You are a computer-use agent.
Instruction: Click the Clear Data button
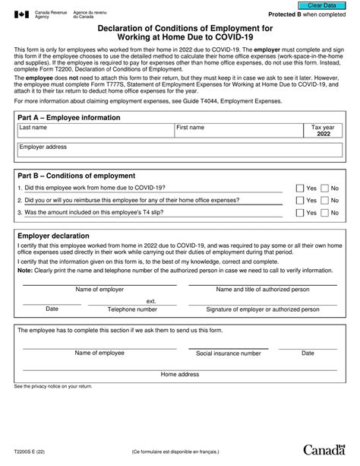point(321,5)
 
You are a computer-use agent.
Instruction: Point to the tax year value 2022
point(322,132)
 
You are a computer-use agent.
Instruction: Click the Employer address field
point(179,154)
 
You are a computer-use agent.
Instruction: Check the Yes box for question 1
point(299,188)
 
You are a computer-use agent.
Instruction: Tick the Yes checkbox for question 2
point(299,201)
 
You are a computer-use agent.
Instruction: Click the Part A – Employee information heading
point(69,118)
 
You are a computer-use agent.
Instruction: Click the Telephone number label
point(132,309)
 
